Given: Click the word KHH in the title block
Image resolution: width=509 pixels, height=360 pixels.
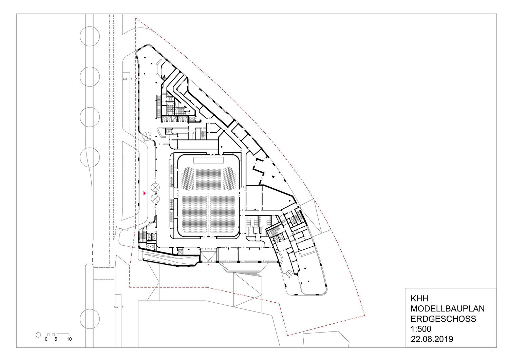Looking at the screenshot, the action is pyautogui.click(x=419, y=298).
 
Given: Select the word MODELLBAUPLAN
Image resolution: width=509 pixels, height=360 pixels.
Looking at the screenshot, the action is pyautogui.click(x=448, y=308).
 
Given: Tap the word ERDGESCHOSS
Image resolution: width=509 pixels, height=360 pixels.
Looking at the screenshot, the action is pyautogui.click(x=443, y=319).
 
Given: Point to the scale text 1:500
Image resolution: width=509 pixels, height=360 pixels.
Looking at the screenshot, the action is pyautogui.click(x=421, y=329).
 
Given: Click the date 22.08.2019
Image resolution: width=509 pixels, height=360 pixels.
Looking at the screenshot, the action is pyautogui.click(x=432, y=339).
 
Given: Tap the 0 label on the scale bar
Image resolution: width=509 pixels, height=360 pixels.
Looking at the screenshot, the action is pyautogui.click(x=46, y=339).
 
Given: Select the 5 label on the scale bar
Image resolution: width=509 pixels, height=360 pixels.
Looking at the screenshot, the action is pyautogui.click(x=56, y=339).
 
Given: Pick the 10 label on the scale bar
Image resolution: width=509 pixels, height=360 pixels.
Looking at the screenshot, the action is pyautogui.click(x=69, y=339).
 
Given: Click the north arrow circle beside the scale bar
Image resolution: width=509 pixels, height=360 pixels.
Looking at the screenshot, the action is pyautogui.click(x=38, y=335).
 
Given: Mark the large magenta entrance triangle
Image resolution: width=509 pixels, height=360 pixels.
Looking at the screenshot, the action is pyautogui.click(x=144, y=193).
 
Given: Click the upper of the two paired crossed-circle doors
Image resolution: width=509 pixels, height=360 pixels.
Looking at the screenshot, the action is pyautogui.click(x=155, y=188).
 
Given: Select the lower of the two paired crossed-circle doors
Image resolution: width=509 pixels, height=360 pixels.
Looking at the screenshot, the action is pyautogui.click(x=155, y=198).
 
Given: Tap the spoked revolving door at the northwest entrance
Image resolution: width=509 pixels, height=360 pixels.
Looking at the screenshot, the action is pyautogui.click(x=147, y=136).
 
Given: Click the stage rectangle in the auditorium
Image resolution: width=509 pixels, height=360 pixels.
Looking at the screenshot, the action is pyautogui.click(x=208, y=160).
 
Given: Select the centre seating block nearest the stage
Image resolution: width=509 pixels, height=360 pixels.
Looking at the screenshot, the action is pyautogui.click(x=209, y=179).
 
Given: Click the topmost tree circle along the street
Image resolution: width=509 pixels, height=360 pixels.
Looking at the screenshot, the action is pyautogui.click(x=90, y=36).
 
